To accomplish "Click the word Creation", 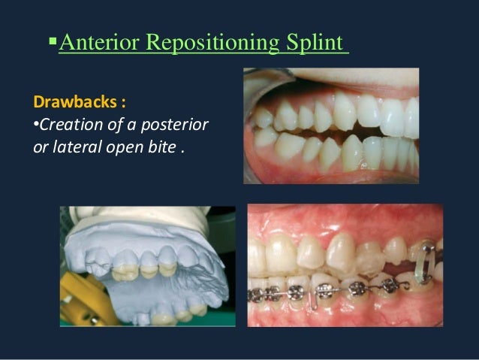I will pos(65,123).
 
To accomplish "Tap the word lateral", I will pos(71,144).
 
